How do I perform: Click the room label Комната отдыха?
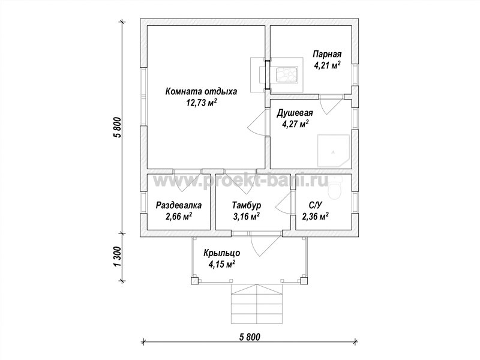201,91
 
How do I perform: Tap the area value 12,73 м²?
202,103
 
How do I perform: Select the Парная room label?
327,55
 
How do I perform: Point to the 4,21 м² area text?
327,65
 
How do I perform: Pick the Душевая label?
295,113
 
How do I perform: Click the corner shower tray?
334,151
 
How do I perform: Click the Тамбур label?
247,205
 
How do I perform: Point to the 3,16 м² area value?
247,217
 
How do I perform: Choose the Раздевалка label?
179,205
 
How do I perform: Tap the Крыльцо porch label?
222,253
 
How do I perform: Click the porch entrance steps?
257,304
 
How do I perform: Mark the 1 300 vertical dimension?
118,257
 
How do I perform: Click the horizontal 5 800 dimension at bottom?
250,337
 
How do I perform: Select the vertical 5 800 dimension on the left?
118,128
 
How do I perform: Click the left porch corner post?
194,281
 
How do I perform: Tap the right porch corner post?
304,281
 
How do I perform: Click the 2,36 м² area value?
316,217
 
